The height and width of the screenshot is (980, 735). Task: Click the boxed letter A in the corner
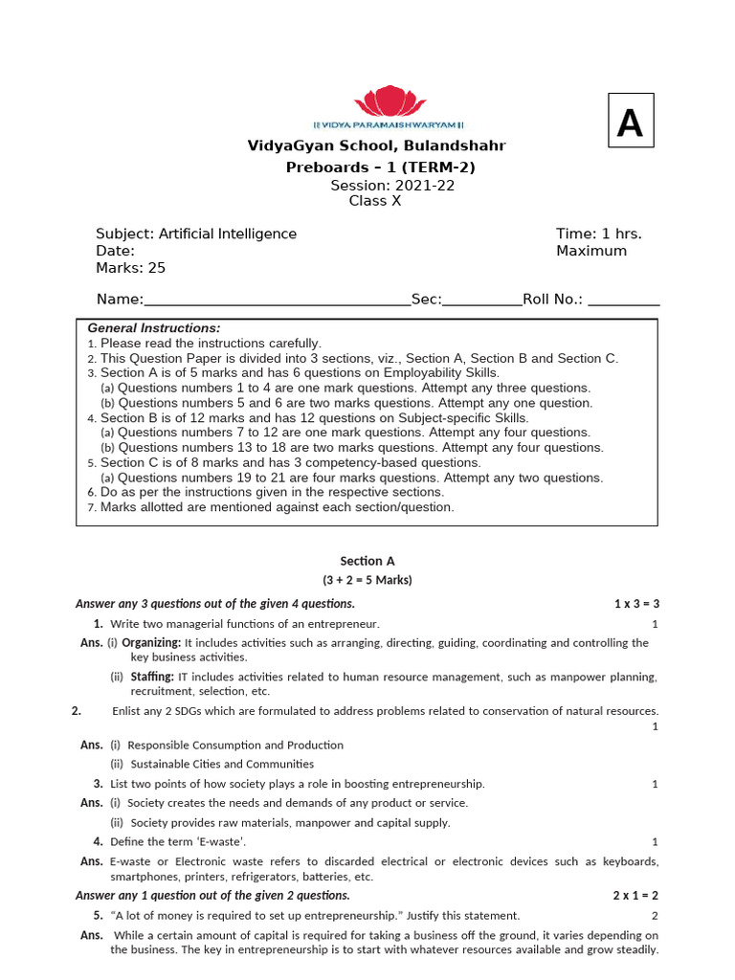click(630, 121)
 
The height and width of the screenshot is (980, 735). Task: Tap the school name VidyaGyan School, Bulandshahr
click(376, 146)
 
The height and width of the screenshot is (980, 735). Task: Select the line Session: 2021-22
click(392, 186)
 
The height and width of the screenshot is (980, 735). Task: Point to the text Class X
click(375, 201)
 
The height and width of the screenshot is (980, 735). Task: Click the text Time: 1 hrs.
click(599, 234)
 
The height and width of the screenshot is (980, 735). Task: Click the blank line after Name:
click(277, 300)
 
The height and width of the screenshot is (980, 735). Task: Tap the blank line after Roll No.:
click(623, 300)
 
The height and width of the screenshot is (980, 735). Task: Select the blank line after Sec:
click(482, 300)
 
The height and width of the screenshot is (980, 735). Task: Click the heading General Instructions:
click(154, 327)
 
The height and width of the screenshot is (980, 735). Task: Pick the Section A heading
click(367, 562)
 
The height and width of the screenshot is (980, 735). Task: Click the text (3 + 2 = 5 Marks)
click(367, 581)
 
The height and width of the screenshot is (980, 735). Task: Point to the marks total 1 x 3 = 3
click(636, 604)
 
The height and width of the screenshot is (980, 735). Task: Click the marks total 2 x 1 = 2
click(636, 896)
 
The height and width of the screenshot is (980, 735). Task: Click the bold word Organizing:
click(150, 643)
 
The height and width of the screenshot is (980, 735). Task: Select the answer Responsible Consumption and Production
click(235, 745)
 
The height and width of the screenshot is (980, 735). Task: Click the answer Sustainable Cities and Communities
click(222, 764)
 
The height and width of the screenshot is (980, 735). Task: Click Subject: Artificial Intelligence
click(196, 234)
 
